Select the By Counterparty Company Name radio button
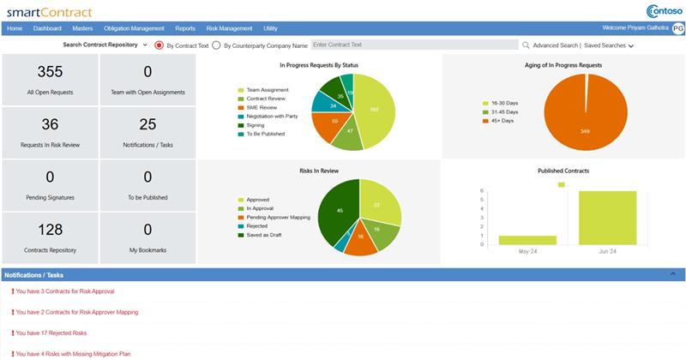216,45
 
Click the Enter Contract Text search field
412,45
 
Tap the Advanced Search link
555,45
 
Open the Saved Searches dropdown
609,45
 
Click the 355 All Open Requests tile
50,80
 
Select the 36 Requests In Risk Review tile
50,132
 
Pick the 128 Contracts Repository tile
50,237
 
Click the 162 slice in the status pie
374,109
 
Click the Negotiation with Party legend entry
271,116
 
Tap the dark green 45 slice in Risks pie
340,210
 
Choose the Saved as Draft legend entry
265,235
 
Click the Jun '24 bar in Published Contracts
607,217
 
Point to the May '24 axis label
527,252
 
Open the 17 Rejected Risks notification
51,333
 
